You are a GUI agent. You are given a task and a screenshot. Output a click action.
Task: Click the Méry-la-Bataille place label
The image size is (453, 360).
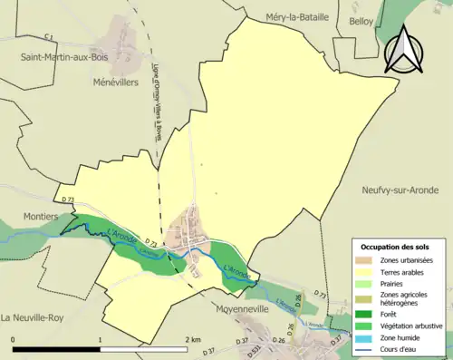pos(300,16)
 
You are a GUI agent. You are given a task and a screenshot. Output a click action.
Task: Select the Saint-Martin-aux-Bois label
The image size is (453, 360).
pos(65,57)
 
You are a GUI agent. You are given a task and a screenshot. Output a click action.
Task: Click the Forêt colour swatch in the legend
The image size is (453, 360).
pos(366,315)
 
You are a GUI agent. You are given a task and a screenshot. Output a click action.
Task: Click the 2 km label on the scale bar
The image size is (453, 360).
pos(193,339)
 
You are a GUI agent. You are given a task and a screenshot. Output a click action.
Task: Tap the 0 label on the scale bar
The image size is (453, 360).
pos(14,339)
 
